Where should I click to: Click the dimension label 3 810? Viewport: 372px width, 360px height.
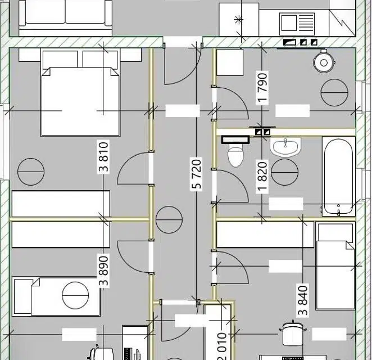(104, 157)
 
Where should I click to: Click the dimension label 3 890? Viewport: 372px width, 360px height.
(104, 271)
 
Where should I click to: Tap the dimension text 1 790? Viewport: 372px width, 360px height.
(262, 88)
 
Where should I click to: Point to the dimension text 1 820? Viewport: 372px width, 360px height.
(262, 177)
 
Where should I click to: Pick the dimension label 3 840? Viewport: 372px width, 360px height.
(303, 300)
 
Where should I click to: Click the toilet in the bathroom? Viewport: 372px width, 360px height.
(235, 152)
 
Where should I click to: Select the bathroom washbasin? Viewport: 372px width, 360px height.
(285, 146)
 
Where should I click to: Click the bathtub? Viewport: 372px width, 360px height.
(338, 176)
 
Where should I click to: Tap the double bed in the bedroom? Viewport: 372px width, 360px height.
(80, 93)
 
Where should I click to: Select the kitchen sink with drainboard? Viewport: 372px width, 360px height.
(297, 22)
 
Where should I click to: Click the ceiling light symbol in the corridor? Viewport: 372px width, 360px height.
(169, 220)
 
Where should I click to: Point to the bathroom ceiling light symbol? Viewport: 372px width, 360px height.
(284, 172)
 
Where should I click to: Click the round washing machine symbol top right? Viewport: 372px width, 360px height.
(324, 62)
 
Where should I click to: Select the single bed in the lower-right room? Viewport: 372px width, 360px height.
(335, 267)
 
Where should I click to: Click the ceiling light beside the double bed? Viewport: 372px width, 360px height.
(31, 172)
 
